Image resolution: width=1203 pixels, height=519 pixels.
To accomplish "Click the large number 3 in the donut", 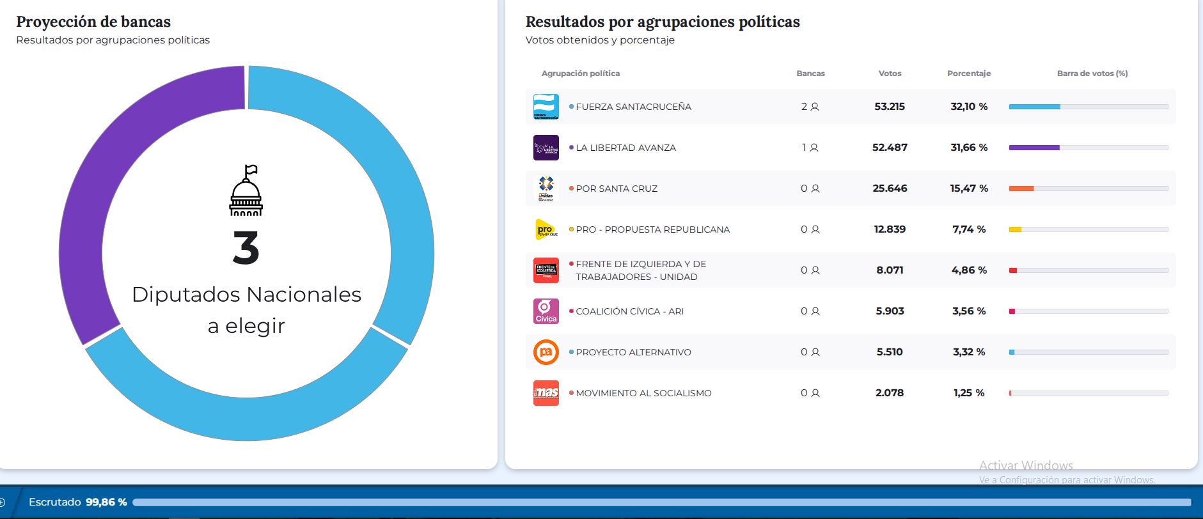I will point(246,248).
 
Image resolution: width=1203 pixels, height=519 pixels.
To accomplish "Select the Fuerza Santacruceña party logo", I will point(546,107).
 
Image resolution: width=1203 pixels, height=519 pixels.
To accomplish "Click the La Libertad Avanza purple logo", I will point(546,148).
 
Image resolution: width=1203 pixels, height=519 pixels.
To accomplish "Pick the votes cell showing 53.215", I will point(890,107).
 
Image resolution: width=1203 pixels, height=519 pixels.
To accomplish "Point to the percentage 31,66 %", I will point(968,148).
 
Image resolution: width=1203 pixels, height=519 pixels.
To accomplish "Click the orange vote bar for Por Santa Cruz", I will point(1021,189).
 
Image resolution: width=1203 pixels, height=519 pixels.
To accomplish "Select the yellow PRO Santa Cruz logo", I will point(546,229).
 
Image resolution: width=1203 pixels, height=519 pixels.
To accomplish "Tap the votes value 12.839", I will point(890,229).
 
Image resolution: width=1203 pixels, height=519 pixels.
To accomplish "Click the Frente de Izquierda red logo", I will point(546,270).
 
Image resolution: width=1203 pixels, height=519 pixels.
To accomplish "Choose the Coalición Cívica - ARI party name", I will point(629,311).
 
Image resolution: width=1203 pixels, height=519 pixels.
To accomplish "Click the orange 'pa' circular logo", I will point(546,352).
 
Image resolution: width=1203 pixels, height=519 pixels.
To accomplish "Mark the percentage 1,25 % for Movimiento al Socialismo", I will point(968,393).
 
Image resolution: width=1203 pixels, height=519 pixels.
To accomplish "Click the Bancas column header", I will point(810,74).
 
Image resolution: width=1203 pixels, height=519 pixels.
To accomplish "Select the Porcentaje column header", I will point(968,74).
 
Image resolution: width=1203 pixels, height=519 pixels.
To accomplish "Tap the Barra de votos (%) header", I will point(1092,74).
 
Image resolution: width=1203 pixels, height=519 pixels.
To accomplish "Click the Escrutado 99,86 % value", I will point(106,502).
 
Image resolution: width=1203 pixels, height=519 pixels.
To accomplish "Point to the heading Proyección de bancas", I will point(93,22).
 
